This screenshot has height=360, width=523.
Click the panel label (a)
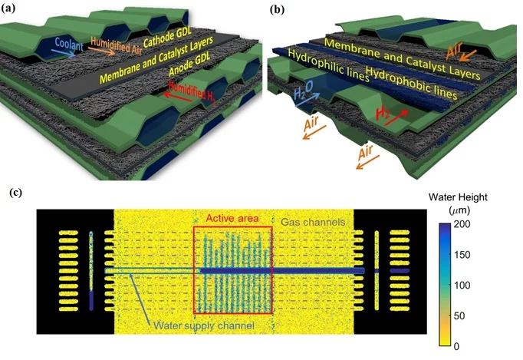pyautogui.click(x=11, y=9)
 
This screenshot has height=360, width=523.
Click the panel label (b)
pyautogui.click(x=273, y=9)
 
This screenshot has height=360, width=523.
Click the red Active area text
pyautogui.click(x=232, y=216)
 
